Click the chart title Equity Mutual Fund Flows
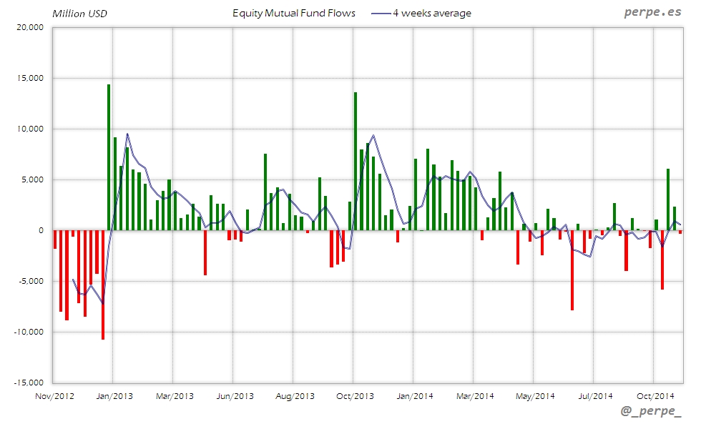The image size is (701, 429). coord(293,13)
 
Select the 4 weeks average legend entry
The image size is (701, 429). coord(431,13)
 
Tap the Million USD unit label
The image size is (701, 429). coord(80,14)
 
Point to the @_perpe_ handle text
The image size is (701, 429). coord(652,412)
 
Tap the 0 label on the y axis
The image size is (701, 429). coord(41,230)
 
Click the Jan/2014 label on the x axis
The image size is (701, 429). coord(415,395)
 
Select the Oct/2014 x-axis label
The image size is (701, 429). coord(655,395)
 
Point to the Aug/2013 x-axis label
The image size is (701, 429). coord(295,395)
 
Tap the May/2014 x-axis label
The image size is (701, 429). coord(535,395)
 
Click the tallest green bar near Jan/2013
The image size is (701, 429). coord(109,157)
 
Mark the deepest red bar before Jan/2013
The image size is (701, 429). coord(103,285)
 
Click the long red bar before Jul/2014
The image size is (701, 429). coord(572,270)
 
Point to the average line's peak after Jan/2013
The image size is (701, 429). coord(127,134)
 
